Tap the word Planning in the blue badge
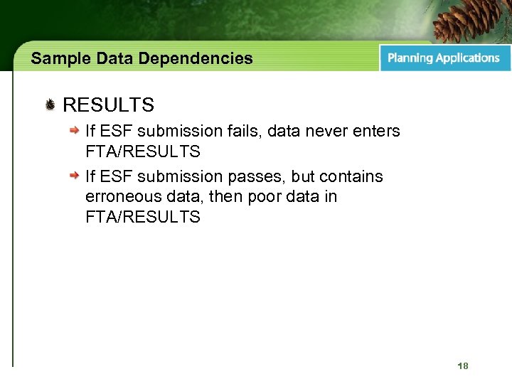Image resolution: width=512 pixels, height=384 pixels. coord(410,58)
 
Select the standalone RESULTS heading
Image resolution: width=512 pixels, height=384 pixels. coord(108,106)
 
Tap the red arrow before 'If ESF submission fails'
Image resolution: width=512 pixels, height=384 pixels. coord(74,132)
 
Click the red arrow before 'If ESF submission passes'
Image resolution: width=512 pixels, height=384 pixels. coord(74,176)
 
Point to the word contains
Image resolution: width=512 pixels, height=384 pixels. coord(352,176)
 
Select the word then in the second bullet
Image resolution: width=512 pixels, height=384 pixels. coord(222,196)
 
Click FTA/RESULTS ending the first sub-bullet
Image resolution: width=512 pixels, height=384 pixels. coord(142,151)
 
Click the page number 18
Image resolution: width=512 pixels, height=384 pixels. coord(463,366)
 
